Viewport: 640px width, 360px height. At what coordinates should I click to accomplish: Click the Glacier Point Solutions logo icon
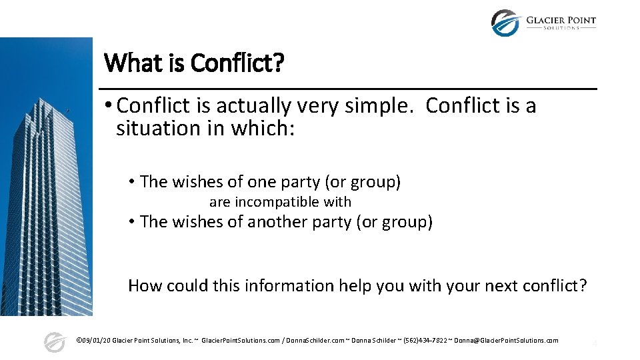[505, 23]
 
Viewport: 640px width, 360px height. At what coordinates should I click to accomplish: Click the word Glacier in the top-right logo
[546, 20]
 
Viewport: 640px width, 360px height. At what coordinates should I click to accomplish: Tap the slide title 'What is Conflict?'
[194, 63]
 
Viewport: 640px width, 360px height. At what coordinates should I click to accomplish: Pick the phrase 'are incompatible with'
[280, 201]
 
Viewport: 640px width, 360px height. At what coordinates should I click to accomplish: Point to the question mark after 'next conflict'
[583, 285]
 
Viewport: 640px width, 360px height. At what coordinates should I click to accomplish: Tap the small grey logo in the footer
[54, 342]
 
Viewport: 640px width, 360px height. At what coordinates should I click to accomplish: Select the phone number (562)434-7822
[425, 340]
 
